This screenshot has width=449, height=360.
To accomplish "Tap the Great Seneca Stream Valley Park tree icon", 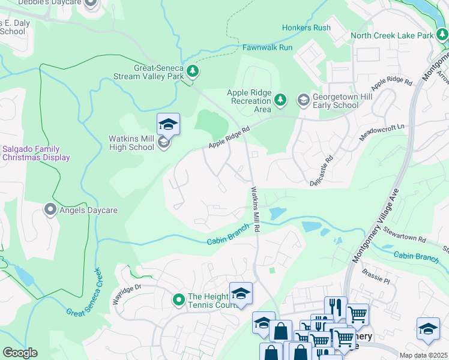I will (193, 72).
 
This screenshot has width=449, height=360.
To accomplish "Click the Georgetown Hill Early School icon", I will (304, 99).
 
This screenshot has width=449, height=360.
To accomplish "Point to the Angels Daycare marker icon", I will (51, 209).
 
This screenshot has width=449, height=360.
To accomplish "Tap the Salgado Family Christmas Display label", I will (35, 153).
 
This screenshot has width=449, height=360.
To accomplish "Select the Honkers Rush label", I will (306, 28).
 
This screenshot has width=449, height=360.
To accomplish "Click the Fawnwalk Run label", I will (267, 47).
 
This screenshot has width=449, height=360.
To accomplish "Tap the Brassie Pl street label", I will (376, 277).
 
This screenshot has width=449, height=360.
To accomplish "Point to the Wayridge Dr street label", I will (125, 293).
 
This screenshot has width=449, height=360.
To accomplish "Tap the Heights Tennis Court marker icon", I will (178, 298).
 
